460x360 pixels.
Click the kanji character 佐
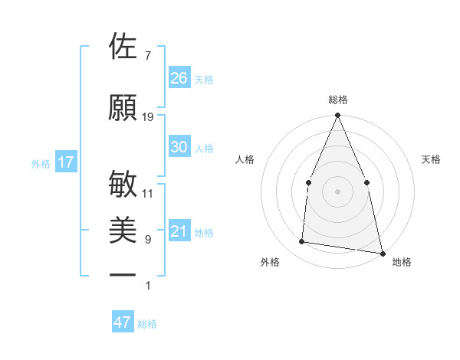[x=123, y=47]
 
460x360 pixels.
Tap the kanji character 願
[x=123, y=107]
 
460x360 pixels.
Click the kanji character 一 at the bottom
[x=123, y=274]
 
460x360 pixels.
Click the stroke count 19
[x=148, y=117]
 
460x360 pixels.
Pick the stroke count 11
[x=148, y=194]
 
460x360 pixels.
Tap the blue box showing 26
[x=179, y=77]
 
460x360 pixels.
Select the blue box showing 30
[x=179, y=147]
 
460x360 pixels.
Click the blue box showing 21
[x=179, y=231]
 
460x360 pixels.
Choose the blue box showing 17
[x=66, y=162]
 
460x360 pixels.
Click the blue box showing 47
[x=123, y=322]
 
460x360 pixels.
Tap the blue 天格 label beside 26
[x=204, y=79]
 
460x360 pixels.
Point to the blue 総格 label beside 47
[x=147, y=324]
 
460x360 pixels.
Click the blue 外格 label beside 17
[x=41, y=163]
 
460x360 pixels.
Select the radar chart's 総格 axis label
[x=338, y=100]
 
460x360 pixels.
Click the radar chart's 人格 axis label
[x=245, y=159]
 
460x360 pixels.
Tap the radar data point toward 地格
[x=381, y=252]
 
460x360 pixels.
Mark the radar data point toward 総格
[x=337, y=116]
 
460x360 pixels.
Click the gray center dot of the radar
[x=337, y=191]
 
